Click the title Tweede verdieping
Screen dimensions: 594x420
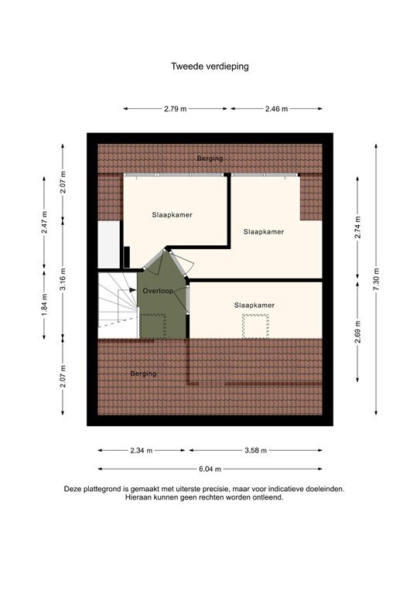pos(210,67)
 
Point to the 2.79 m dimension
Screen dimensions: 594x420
pos(175,109)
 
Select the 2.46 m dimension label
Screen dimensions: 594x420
pos(275,109)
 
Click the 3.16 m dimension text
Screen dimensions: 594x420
pos(64,276)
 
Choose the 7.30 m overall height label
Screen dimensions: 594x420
pos(377,278)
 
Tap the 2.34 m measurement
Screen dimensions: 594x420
pos(142,450)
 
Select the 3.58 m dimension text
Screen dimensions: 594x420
pos(254,450)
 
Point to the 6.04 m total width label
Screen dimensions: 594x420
pos(210,469)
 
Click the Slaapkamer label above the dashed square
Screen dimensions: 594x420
pos(254,306)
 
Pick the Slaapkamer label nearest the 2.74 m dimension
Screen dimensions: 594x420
pos(263,231)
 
